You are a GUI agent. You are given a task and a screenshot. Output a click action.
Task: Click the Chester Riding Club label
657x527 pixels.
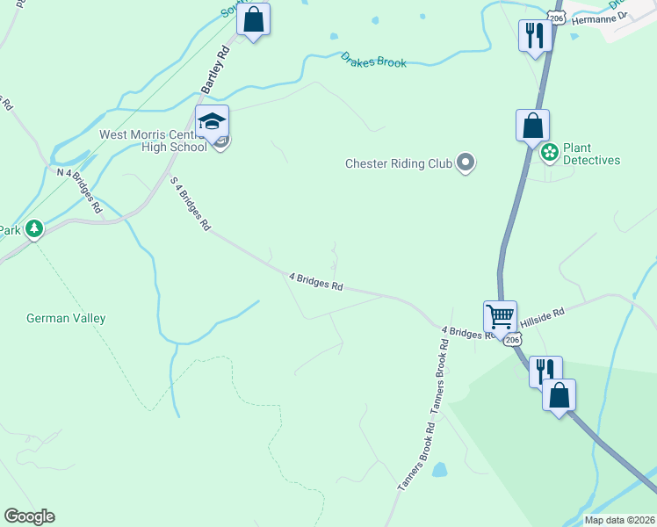click(x=398, y=163)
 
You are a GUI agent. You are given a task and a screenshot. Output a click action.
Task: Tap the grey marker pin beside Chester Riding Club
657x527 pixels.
click(x=466, y=162)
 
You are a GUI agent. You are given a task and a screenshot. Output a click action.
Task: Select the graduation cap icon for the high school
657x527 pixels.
click(x=212, y=121)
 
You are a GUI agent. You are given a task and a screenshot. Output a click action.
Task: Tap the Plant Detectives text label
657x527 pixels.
click(x=591, y=155)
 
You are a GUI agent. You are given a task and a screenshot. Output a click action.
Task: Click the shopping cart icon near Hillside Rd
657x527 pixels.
click(x=500, y=316)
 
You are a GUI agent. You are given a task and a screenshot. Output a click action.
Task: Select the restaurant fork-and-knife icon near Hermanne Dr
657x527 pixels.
click(x=533, y=36)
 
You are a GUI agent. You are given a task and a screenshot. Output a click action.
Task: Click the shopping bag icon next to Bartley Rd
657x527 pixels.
click(x=253, y=19)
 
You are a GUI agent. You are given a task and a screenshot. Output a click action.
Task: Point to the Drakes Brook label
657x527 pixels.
click(x=374, y=60)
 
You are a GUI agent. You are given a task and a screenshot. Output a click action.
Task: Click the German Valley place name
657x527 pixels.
click(x=66, y=318)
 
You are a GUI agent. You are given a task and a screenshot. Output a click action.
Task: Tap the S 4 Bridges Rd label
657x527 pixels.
click(x=191, y=203)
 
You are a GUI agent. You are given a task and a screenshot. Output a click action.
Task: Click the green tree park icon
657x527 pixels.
click(x=34, y=229)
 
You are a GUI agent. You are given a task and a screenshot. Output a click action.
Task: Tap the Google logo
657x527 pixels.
click(x=29, y=516)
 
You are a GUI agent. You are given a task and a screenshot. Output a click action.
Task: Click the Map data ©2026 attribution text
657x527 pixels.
click(x=618, y=520)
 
